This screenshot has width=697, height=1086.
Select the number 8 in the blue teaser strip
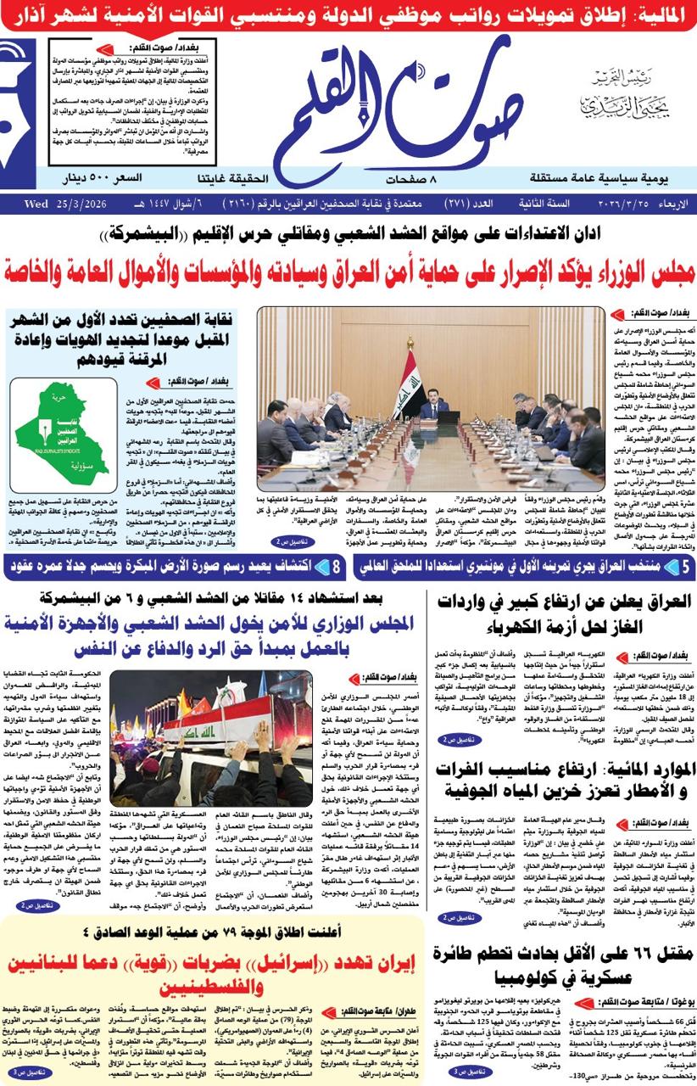pyautogui.click(x=337, y=566)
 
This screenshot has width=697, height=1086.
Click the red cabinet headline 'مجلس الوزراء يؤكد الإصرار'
pyautogui.click(x=348, y=275)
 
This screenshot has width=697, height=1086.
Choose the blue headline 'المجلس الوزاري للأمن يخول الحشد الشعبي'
pyautogui.click(x=212, y=635)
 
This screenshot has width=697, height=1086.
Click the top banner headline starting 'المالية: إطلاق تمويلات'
pyautogui.click(x=348, y=15)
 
